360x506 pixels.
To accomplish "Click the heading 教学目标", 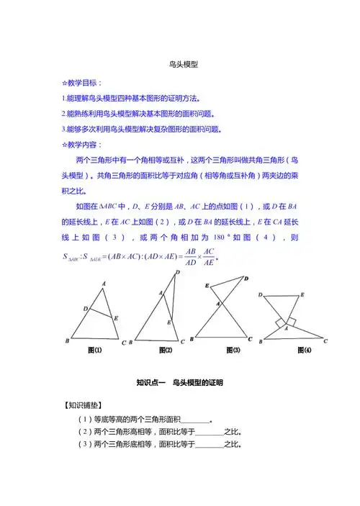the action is click(x=86, y=83).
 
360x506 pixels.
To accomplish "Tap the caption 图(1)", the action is click(x=94, y=350).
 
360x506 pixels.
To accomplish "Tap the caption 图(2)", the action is click(x=166, y=350).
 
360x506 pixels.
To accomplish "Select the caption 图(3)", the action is click(x=233, y=350).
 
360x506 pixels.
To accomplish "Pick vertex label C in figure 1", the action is click(x=124, y=342).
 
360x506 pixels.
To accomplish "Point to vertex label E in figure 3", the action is click(x=207, y=286).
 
